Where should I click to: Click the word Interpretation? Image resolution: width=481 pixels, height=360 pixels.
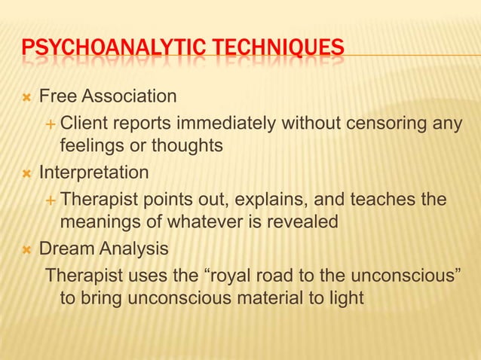[94, 172]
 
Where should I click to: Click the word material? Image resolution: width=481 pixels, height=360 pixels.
[263, 297]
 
